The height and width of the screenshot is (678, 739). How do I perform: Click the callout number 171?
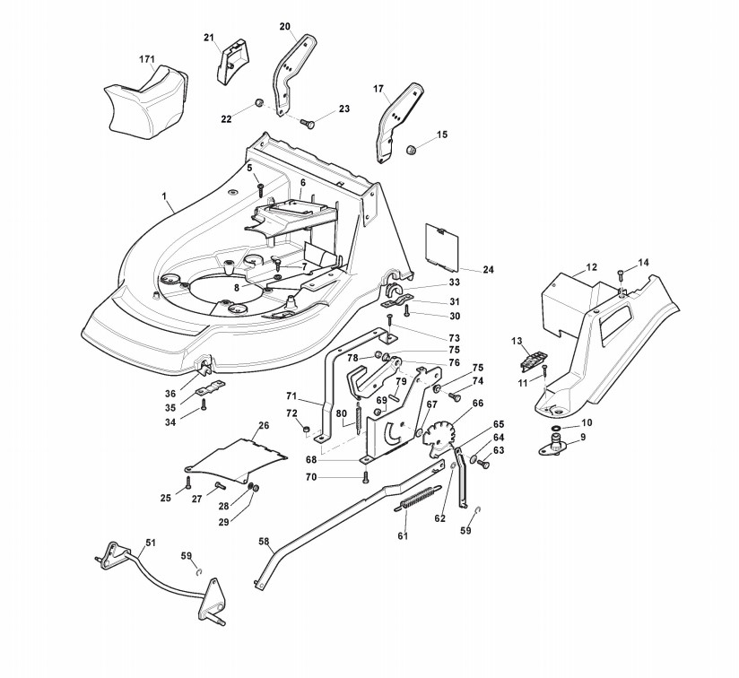[147, 59]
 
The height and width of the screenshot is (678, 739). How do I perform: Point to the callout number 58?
[265, 542]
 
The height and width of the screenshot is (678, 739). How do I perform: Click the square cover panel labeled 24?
[442, 247]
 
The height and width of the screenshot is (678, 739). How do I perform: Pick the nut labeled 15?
[411, 151]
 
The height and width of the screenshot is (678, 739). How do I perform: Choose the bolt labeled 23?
[307, 123]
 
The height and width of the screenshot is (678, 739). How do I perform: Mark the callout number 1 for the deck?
[164, 196]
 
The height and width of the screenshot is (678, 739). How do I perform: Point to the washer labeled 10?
[556, 428]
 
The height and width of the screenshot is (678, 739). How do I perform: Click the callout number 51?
[150, 543]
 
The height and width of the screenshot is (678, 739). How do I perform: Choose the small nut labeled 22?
[258, 102]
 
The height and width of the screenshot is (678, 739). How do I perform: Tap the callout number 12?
[592, 267]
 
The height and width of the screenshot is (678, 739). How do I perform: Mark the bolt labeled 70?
[365, 477]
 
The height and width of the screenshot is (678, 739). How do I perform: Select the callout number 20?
[284, 26]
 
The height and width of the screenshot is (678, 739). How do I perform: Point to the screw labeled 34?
[204, 404]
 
